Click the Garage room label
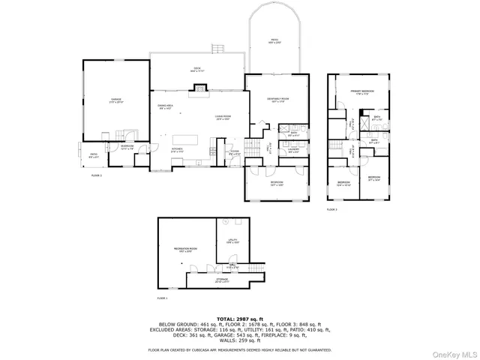point(116,100)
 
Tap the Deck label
point(196,69)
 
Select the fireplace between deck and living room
point(199,90)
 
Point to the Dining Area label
point(166,107)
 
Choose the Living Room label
point(222,117)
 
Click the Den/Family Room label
point(277,99)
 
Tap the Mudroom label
point(127,146)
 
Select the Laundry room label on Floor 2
point(293,150)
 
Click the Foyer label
point(235,153)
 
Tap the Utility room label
point(232,241)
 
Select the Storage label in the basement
point(223,281)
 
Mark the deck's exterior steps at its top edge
point(218,49)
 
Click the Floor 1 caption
point(162,298)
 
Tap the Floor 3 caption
point(331,209)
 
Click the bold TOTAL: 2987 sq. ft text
point(239,319)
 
